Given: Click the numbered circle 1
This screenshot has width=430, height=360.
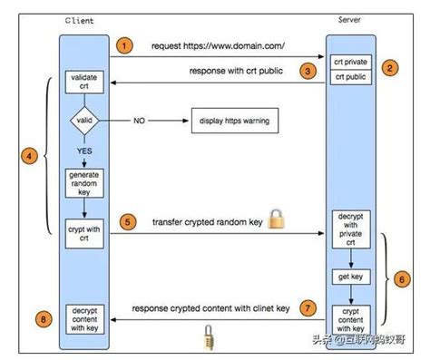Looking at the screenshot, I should [126, 44].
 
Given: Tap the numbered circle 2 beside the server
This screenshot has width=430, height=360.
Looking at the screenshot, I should [391, 68].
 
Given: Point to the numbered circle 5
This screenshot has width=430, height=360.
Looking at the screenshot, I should [129, 220].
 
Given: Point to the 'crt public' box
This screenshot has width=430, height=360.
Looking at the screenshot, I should [351, 77].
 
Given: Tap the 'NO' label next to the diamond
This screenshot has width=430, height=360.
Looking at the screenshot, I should [139, 121].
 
